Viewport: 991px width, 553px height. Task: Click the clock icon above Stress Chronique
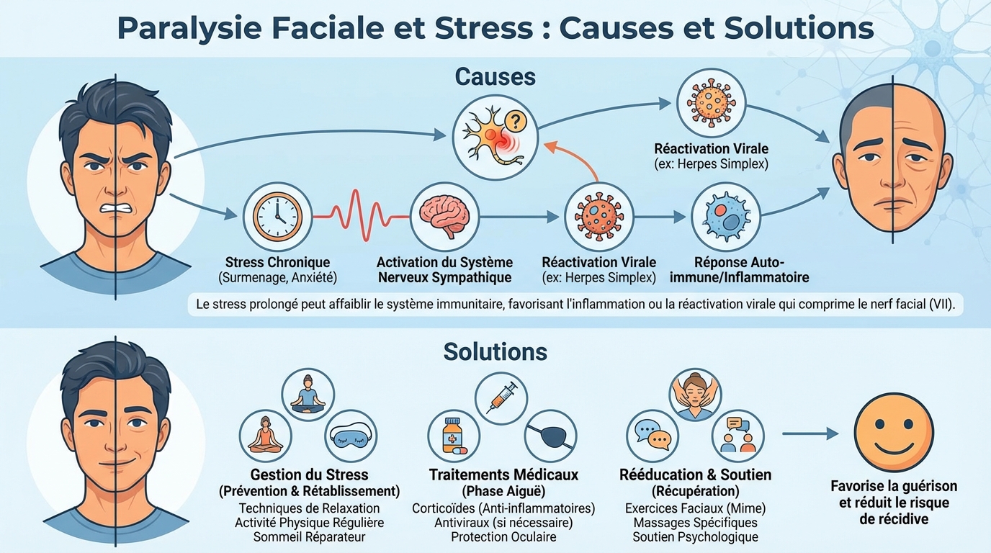(277, 216)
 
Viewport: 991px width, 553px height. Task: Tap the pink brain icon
(444, 216)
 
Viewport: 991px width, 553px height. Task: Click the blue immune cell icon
(725, 216)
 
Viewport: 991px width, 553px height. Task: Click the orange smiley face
(893, 433)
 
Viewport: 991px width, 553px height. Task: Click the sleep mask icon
(351, 436)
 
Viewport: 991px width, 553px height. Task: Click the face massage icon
(695, 395)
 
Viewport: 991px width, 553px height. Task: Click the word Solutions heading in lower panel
(495, 351)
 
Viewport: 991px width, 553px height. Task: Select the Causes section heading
(495, 76)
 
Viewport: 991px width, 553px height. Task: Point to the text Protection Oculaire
(503, 537)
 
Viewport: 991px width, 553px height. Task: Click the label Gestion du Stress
(309, 475)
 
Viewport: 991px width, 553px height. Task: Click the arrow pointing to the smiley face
(810, 433)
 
